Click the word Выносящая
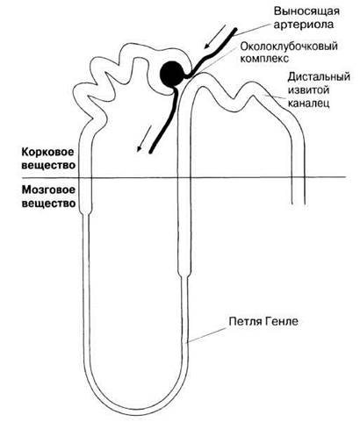[x=306, y=11]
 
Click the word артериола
[x=304, y=25]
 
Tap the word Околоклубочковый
[x=289, y=46]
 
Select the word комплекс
[x=264, y=59]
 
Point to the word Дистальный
[x=319, y=77]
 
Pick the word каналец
[x=308, y=103]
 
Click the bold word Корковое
[x=48, y=153]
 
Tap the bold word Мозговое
[x=48, y=190]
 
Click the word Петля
[x=244, y=321]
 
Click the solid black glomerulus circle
[x=173, y=75]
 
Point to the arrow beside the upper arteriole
[x=215, y=36]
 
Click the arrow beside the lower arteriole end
[x=144, y=139]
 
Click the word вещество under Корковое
[x=48, y=165]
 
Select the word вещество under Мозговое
[x=48, y=204]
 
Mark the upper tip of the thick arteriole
[x=235, y=29]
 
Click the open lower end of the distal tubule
[x=299, y=203]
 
